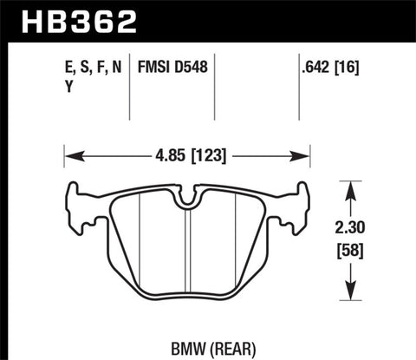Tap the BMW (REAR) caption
pos(188,343)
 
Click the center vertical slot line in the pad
pos(188,260)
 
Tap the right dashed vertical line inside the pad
pos(237,252)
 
